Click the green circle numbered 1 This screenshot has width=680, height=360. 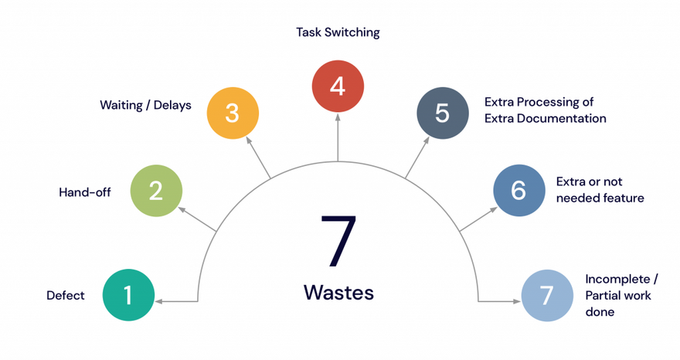[128, 295]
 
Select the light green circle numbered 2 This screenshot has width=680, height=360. [156, 190]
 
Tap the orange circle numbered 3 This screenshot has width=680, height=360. [233, 113]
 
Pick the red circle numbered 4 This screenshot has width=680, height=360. [338, 86]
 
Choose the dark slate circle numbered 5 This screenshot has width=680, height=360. [443, 113]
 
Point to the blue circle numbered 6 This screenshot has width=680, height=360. [519, 190]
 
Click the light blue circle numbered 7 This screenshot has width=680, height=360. [547, 295]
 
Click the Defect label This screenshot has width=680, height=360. [66, 295]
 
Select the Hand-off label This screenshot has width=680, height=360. [85, 192]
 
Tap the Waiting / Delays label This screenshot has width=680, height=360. [145, 105]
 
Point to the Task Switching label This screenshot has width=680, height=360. [338, 32]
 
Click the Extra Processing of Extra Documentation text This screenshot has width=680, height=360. [545, 110]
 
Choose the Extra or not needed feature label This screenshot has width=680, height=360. [600, 190]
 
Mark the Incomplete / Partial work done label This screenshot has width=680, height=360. [618, 295]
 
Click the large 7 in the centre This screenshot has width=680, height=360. [338, 243]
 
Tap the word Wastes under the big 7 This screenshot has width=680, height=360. [338, 293]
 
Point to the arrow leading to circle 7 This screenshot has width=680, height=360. [498, 301]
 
